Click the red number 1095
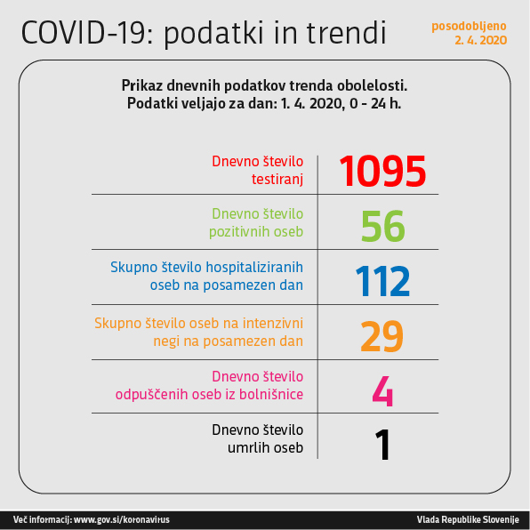click(382, 171)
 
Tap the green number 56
click(383, 226)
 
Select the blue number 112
click(382, 281)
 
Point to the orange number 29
click(382, 336)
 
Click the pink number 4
click(382, 391)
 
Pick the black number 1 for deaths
click(383, 445)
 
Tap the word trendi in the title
click(347, 33)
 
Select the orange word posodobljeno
click(469, 26)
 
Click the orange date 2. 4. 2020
click(481, 40)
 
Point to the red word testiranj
click(277, 180)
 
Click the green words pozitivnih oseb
click(256, 232)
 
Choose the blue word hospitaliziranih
click(254, 268)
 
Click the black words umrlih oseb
click(265, 448)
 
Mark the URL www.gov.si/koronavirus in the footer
click(122, 519)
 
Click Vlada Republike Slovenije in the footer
click(468, 519)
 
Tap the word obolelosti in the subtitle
click(372, 85)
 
